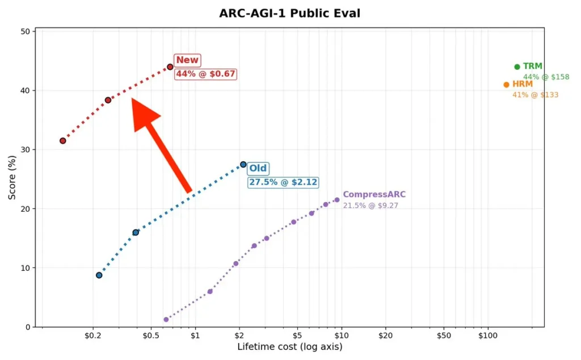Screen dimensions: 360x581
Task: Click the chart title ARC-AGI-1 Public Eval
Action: tap(289, 13)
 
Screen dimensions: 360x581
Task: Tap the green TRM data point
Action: tap(517, 67)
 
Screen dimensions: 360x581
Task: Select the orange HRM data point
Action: tap(506, 85)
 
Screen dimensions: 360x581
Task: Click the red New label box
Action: tap(187, 60)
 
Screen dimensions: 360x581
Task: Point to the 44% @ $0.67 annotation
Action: tap(205, 74)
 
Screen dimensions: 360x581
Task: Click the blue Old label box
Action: tap(258, 169)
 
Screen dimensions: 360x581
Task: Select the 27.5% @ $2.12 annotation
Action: tap(283, 182)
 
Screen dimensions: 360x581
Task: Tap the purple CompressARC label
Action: tap(374, 195)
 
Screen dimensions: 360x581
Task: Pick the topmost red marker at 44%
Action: tap(170, 67)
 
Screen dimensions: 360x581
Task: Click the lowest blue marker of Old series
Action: tap(99, 275)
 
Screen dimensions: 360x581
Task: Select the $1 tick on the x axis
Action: tap(196, 335)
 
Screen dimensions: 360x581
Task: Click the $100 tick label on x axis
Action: tap(487, 335)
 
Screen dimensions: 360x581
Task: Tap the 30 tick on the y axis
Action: tap(25, 150)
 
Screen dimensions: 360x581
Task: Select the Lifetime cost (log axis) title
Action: tap(289, 346)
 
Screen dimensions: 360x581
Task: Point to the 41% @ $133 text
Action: tap(535, 95)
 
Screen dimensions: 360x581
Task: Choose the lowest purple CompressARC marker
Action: tap(166, 320)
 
